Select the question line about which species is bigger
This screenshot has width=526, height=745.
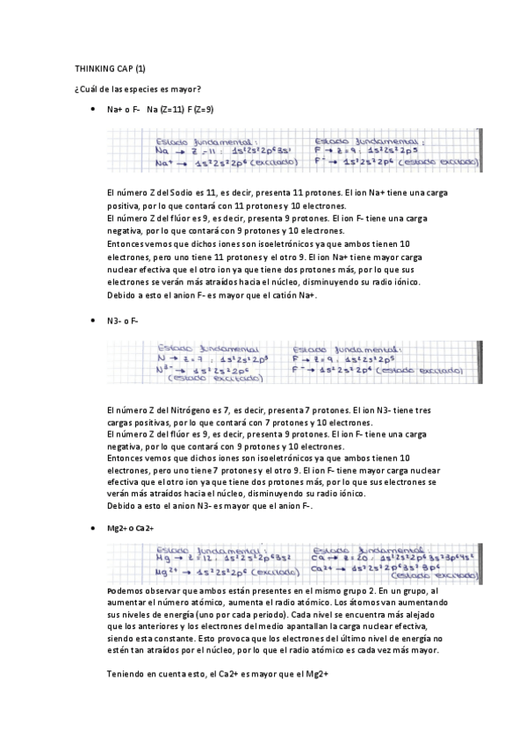point(139,89)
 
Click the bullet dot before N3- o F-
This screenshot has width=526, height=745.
point(93,322)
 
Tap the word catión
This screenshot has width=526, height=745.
point(278,295)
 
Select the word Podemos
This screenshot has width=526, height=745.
point(126,593)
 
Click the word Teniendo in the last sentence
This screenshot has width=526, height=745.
point(126,674)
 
